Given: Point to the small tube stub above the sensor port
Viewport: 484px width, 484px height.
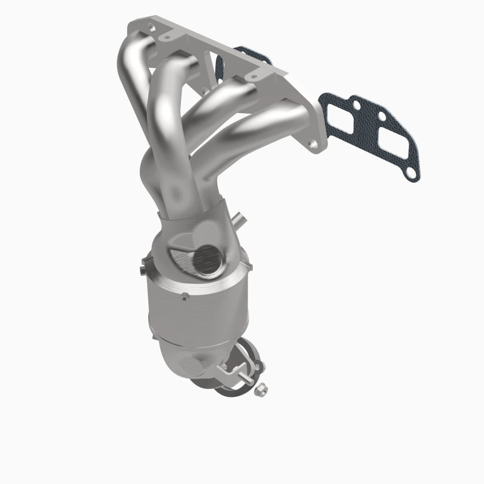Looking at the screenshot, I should (x=241, y=220).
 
